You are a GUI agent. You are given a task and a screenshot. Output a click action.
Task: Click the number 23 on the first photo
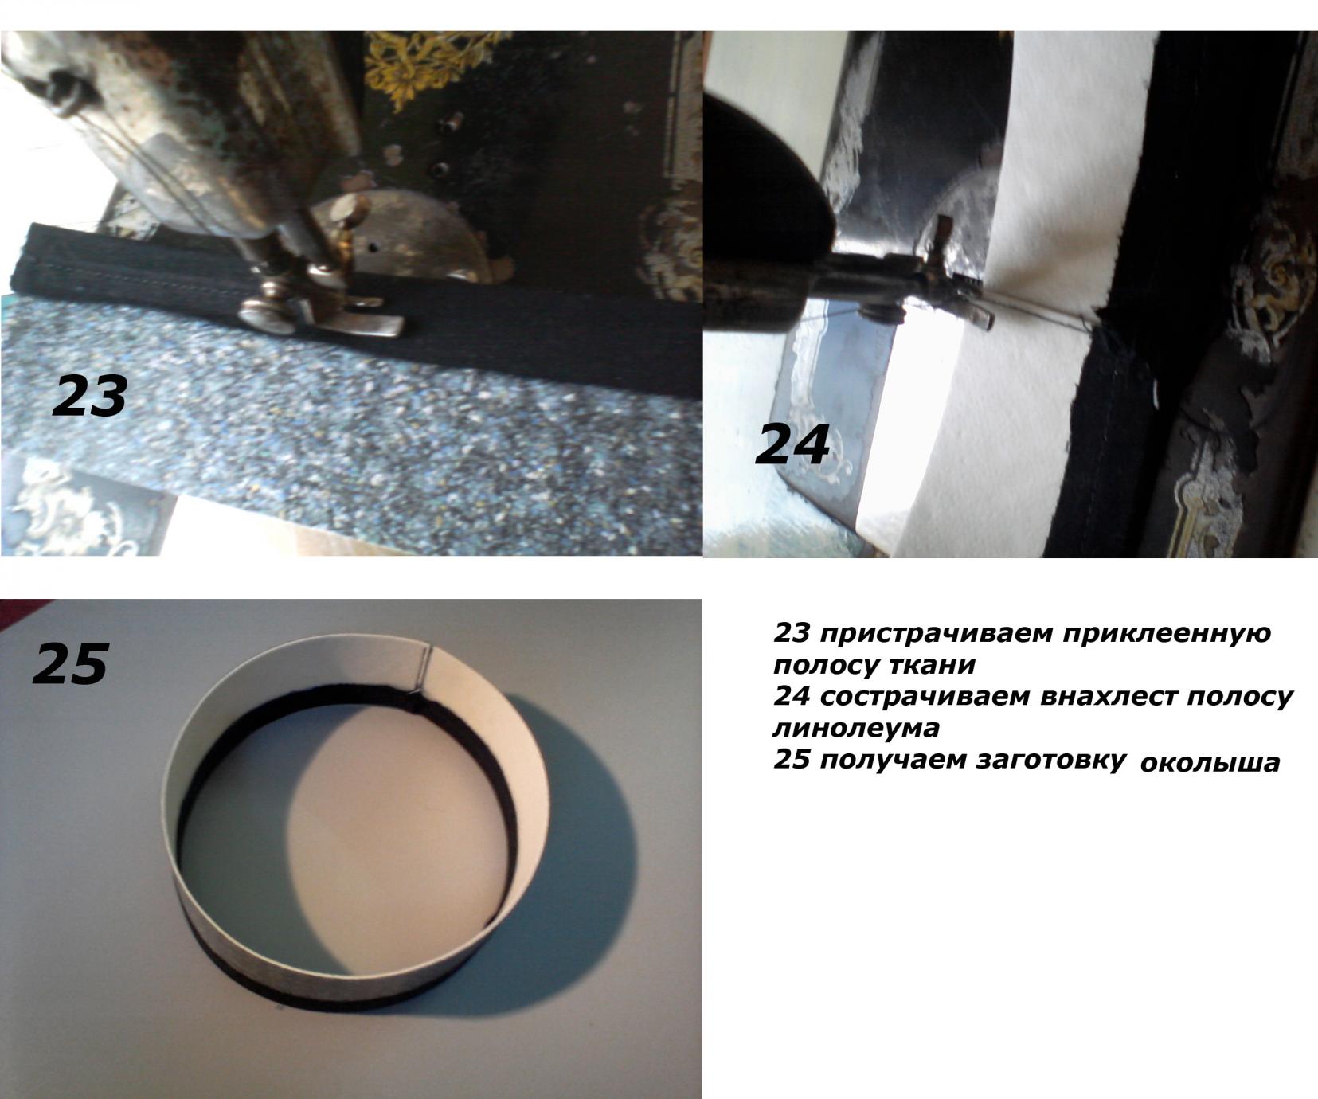click(89, 396)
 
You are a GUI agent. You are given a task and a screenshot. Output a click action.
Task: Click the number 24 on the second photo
click(792, 444)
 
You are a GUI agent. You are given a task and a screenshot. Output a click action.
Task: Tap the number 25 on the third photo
click(70, 663)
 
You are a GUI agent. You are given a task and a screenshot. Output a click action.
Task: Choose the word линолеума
click(855, 727)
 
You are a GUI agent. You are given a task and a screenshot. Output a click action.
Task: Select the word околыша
click(1210, 763)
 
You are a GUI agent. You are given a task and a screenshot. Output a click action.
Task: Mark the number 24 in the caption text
click(792, 696)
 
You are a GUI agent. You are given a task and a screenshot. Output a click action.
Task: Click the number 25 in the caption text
click(792, 760)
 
